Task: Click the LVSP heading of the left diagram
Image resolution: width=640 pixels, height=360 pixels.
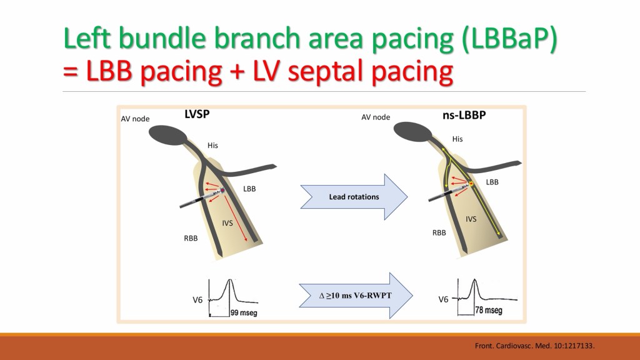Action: click(x=197, y=114)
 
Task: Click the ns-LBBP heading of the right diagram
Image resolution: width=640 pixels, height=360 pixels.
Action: click(x=464, y=115)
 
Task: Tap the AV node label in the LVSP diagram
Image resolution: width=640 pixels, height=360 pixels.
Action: click(x=135, y=119)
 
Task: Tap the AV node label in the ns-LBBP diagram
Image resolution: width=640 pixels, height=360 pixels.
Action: click(x=376, y=117)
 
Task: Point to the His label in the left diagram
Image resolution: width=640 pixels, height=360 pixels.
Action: click(x=212, y=145)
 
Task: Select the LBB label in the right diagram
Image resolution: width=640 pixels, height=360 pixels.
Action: click(x=492, y=182)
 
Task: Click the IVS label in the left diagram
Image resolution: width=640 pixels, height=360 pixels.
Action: click(x=227, y=223)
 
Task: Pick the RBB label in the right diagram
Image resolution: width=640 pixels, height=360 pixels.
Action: click(x=439, y=232)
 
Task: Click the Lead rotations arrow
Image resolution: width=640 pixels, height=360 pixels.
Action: click(x=354, y=197)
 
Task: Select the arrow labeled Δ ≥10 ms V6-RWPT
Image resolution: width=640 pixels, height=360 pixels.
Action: click(x=356, y=296)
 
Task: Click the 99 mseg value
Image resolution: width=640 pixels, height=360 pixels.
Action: click(x=244, y=313)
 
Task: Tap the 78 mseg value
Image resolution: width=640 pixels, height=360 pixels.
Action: click(x=489, y=310)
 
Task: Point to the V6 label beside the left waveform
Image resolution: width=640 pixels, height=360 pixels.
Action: click(x=197, y=300)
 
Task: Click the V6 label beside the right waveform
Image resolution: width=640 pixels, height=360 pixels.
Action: click(x=443, y=299)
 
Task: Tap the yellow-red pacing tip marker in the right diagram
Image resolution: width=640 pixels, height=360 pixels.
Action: click(x=471, y=184)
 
